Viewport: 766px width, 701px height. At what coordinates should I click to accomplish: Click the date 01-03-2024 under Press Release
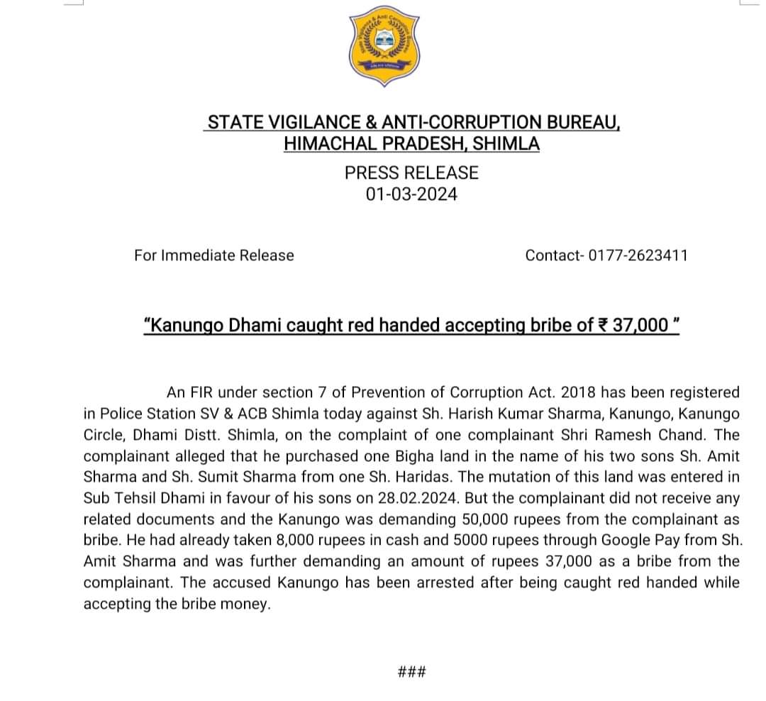click(411, 194)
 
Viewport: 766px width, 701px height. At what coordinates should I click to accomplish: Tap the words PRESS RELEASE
click(411, 172)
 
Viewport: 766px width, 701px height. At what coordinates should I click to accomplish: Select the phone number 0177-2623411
click(636, 255)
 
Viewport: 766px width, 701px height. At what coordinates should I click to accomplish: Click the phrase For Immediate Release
click(213, 255)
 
